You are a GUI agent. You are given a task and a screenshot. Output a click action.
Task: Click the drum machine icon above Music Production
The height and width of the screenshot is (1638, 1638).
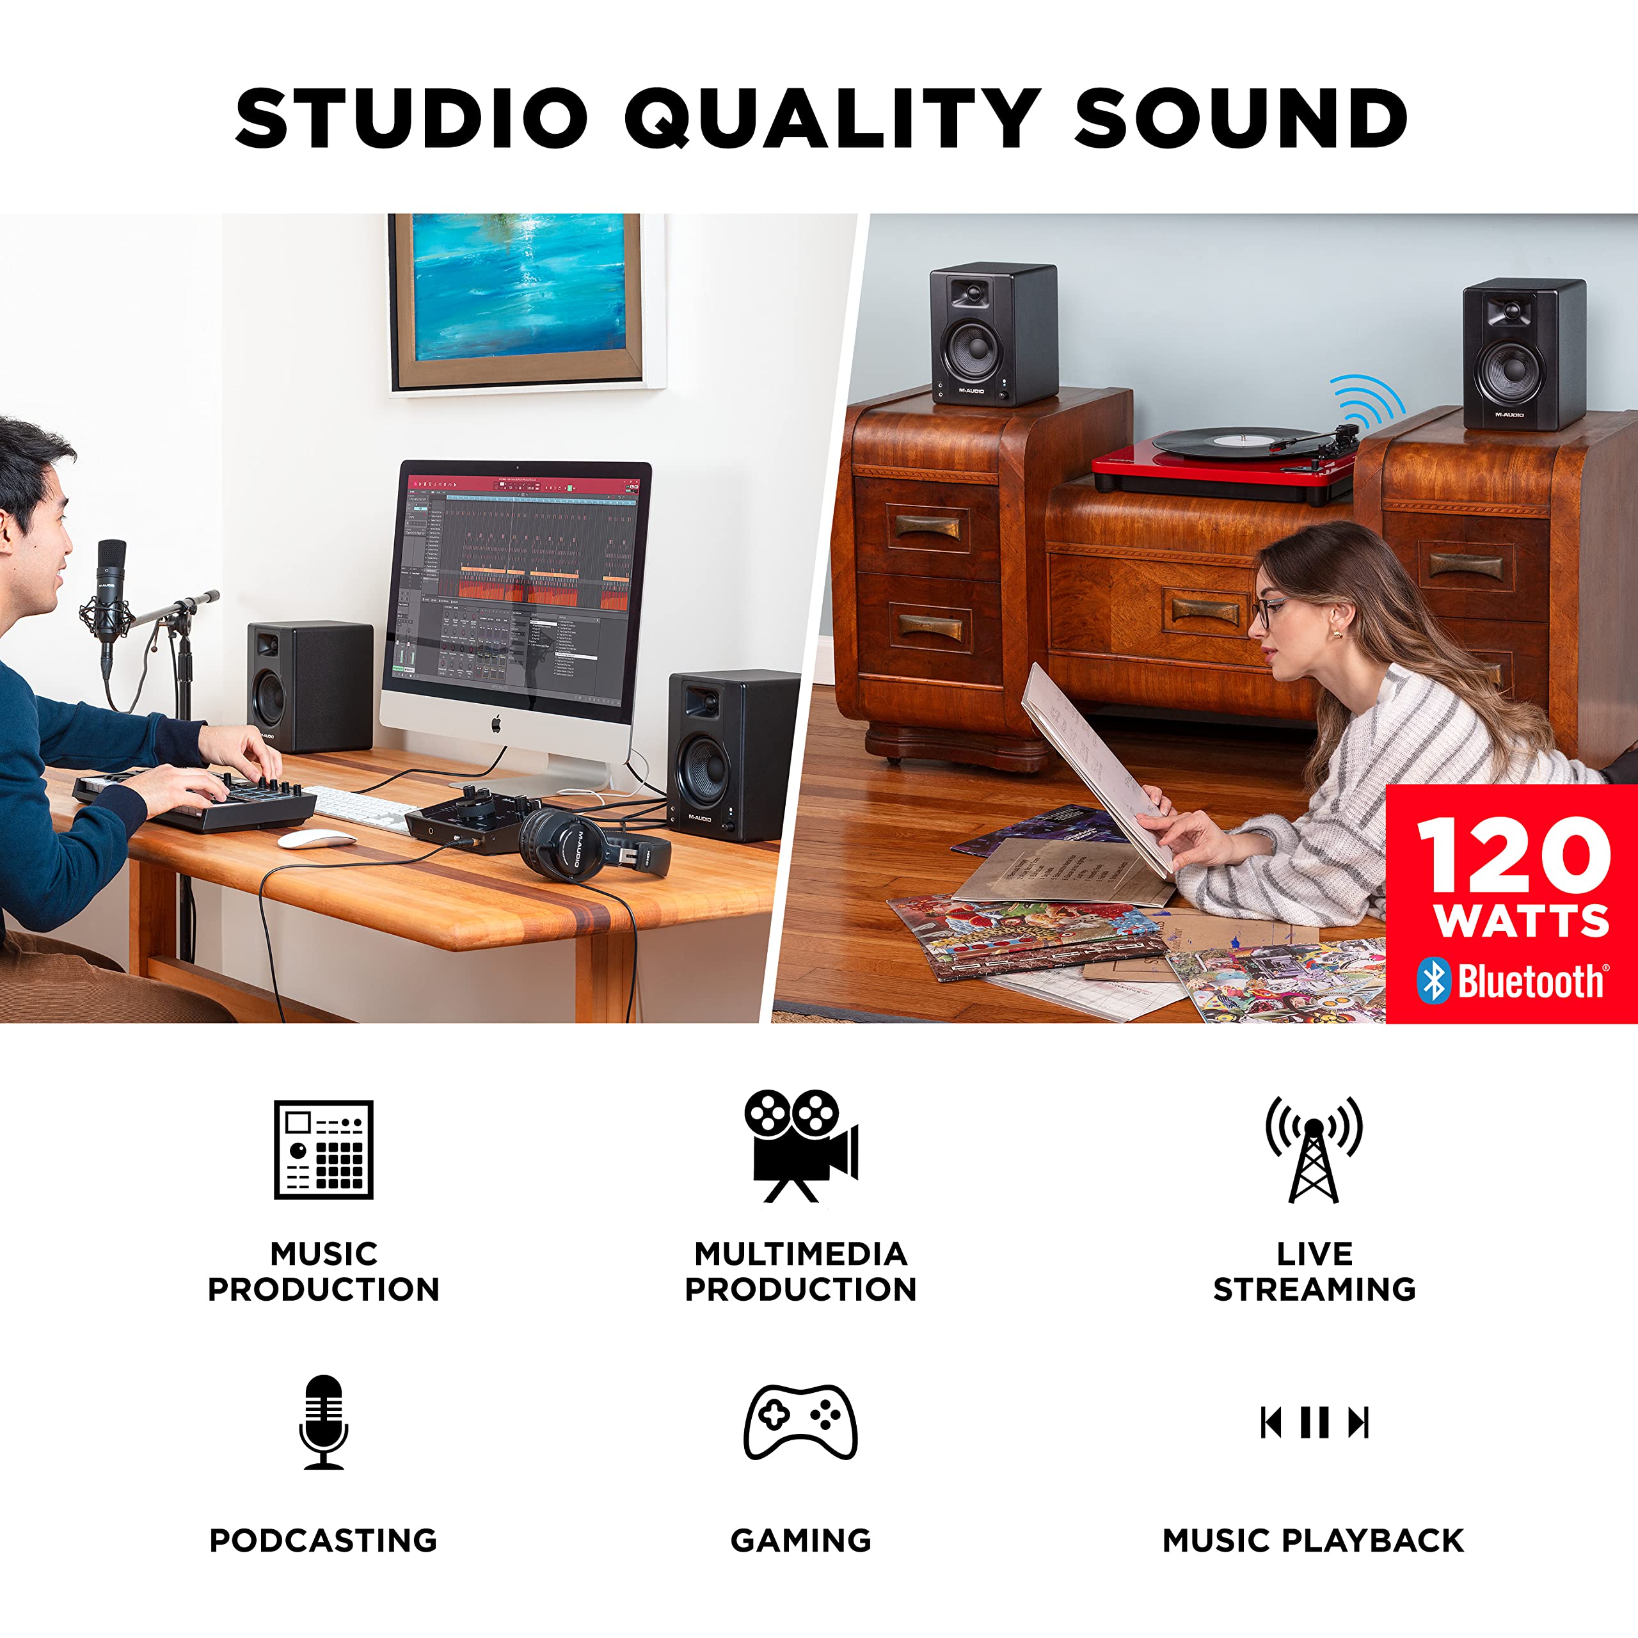323,1150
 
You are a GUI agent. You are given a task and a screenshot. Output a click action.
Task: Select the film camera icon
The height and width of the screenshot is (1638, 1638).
801,1145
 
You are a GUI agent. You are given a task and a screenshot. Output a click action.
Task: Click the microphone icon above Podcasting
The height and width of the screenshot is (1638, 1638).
323,1422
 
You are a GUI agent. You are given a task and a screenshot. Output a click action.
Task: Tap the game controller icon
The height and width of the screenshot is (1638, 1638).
800,1422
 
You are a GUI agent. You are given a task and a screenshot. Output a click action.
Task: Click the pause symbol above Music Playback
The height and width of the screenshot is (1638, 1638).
1314,1422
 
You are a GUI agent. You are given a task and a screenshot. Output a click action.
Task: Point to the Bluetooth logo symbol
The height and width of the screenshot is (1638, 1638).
1433,981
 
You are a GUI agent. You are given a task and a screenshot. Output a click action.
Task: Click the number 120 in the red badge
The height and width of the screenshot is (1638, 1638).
1513,855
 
